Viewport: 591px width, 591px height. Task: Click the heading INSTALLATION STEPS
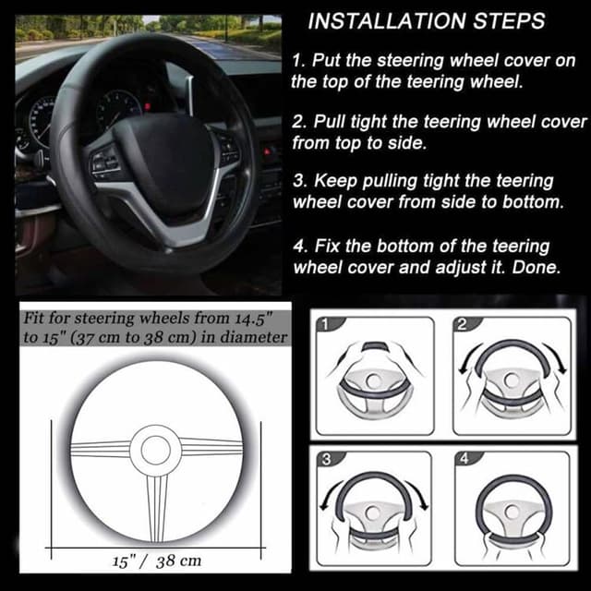[x=426, y=20]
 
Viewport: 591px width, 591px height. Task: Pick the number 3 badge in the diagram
[x=325, y=459]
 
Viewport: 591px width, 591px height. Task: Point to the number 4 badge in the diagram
[x=464, y=459]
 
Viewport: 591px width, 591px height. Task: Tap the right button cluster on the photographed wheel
[x=226, y=148]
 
